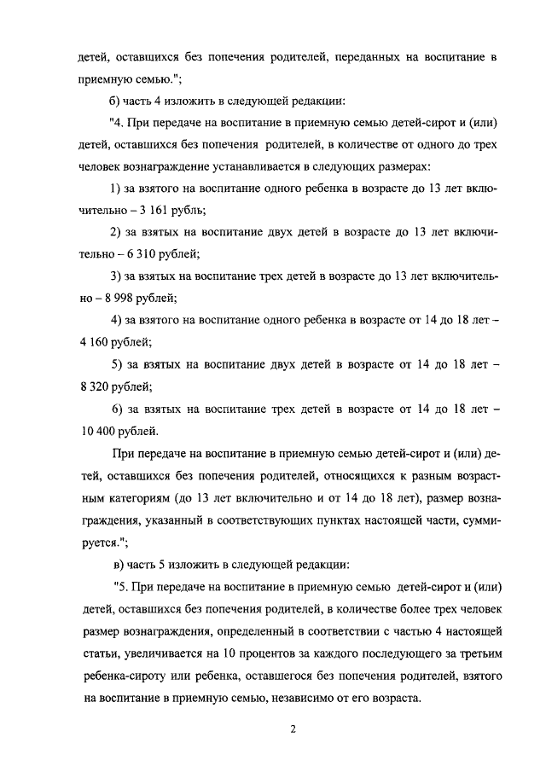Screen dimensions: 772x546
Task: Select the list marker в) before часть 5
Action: (119, 564)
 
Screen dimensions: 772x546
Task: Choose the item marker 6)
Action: (118, 409)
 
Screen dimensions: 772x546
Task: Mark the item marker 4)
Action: (118, 320)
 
